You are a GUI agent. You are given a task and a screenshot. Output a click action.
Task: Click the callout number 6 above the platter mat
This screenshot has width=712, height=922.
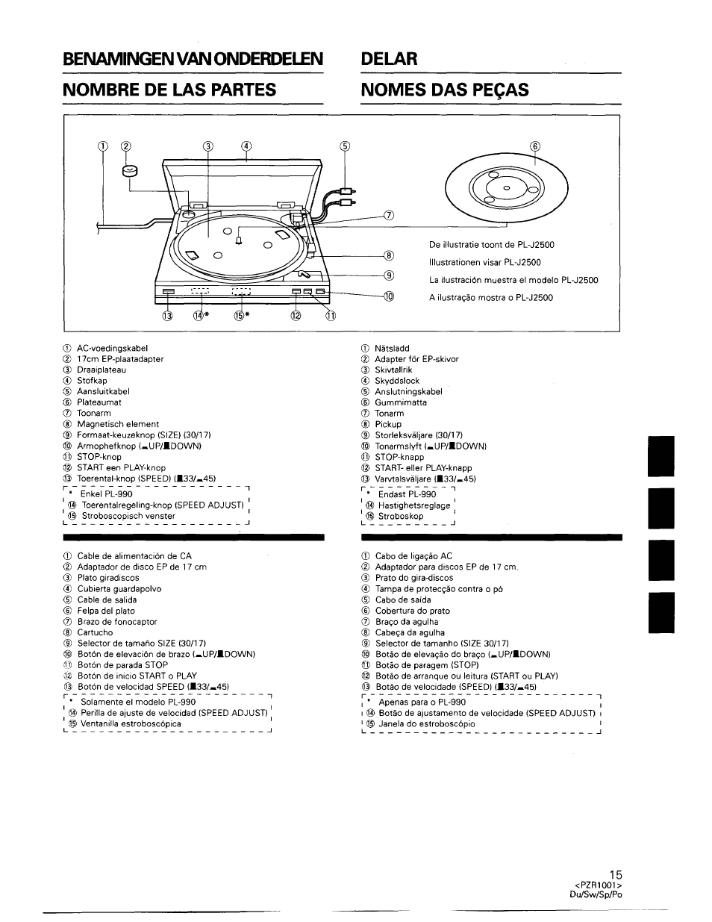click(x=534, y=146)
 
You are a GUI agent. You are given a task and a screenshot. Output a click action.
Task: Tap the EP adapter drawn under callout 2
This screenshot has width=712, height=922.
click(x=131, y=173)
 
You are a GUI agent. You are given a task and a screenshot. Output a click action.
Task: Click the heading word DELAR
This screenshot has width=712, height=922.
click(x=389, y=58)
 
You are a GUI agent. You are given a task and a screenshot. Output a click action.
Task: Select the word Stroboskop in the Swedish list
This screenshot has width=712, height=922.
click(x=401, y=516)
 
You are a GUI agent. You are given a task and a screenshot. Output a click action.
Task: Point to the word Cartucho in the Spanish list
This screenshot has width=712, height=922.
click(x=95, y=632)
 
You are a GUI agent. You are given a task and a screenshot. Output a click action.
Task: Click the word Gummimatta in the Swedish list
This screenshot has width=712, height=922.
click(x=401, y=402)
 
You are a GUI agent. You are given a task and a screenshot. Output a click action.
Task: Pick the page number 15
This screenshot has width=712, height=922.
click(x=615, y=874)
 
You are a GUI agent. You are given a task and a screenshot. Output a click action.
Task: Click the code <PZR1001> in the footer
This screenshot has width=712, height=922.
click(x=603, y=885)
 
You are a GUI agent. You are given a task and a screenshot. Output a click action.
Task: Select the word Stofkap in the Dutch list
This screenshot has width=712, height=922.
click(x=92, y=381)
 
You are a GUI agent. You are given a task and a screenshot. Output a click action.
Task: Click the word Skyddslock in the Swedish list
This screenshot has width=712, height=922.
click(x=397, y=381)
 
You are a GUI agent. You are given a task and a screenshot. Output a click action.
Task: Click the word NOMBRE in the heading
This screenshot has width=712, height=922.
click(x=103, y=90)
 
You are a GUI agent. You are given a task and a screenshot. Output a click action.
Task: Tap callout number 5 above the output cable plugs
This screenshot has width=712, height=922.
click(x=344, y=146)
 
